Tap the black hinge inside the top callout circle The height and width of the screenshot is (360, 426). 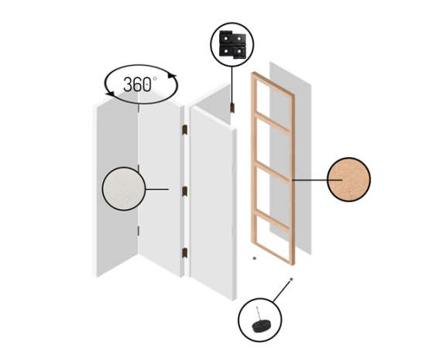point(232,44)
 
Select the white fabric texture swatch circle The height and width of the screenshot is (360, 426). point(124,189)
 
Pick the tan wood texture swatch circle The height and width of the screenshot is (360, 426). point(349,180)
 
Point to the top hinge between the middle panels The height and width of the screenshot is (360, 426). point(185,130)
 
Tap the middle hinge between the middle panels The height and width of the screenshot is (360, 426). point(185,191)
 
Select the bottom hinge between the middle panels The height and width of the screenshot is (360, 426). point(185,252)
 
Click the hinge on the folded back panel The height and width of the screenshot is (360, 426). point(232,108)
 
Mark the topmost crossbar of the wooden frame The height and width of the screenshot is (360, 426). point(273,84)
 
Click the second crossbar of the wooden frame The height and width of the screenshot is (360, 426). point(273,124)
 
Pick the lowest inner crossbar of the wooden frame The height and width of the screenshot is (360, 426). point(273,220)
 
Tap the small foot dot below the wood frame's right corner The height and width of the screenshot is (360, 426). point(291,279)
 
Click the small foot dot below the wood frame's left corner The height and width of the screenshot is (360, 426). point(254,258)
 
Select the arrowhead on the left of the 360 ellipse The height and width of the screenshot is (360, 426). point(110,94)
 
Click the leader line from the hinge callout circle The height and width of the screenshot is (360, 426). point(232,84)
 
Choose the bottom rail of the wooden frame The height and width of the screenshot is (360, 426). point(273,253)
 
